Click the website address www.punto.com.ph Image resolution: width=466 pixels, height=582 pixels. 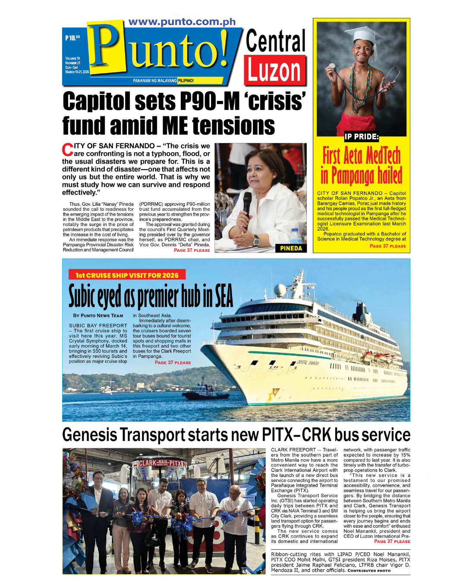tap(182, 22)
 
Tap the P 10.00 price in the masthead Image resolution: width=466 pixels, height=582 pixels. tap(72, 38)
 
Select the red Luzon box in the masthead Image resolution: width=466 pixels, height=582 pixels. tap(275, 70)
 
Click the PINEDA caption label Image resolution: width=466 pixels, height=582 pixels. tap(291, 248)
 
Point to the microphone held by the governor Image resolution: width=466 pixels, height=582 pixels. tap(247, 203)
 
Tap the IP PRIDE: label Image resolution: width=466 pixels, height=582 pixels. tap(361, 137)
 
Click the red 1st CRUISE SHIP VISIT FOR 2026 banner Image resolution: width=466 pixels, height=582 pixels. tap(127, 275)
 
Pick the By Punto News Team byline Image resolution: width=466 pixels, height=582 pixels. tap(98, 316)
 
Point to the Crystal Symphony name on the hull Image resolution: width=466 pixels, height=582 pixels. tap(308, 363)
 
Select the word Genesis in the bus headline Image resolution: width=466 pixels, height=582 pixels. tap(89, 435)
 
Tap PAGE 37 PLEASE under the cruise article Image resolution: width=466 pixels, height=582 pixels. tap(173, 363)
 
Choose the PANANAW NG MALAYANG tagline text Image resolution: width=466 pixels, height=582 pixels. tap(154, 81)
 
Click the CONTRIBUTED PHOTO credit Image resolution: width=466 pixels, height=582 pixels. tap(369, 571)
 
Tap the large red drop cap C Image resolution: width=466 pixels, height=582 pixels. tap(68, 150)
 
